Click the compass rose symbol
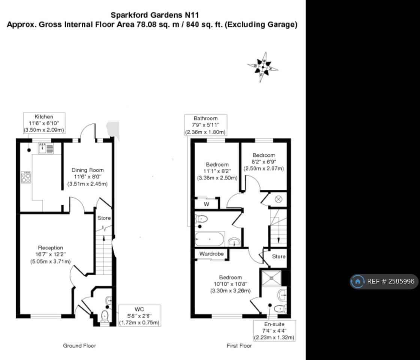click(x=262, y=67)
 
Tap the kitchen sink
click(x=46, y=148)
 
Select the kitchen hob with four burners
click(x=26, y=177)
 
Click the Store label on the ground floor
click(x=104, y=218)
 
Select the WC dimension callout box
click(x=139, y=315)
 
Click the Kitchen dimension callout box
click(x=44, y=123)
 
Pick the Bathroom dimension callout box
click(x=205, y=125)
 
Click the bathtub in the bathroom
click(x=210, y=239)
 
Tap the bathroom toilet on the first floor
click(x=201, y=219)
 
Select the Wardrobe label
click(x=211, y=254)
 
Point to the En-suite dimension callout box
click(x=274, y=330)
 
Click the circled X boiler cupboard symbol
click(x=279, y=199)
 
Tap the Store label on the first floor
click(x=279, y=257)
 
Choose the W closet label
click(x=206, y=204)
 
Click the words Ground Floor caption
click(x=79, y=346)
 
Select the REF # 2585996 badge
click(x=384, y=281)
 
